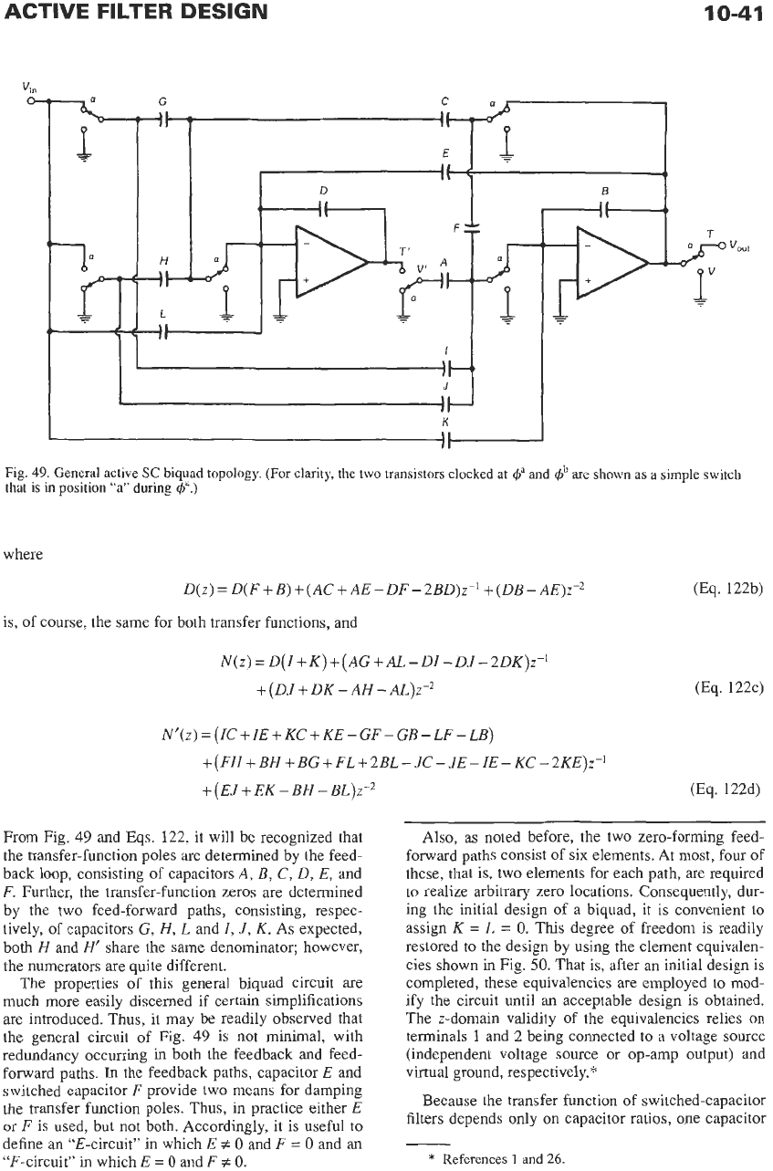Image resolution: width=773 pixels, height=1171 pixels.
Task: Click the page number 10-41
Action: (x=733, y=12)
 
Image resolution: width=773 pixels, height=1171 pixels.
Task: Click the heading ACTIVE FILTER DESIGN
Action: (x=136, y=12)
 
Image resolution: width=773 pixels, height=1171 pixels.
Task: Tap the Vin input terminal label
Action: (x=28, y=87)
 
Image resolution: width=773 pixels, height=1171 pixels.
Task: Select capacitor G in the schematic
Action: (x=163, y=120)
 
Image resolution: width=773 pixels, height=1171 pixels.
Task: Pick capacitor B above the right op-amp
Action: (x=605, y=210)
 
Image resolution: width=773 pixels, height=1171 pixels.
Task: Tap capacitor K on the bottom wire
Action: (x=445, y=440)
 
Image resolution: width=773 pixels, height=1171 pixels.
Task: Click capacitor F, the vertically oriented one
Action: (x=471, y=227)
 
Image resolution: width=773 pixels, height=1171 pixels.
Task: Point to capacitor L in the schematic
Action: (x=163, y=331)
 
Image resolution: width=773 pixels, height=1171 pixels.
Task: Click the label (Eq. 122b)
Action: (x=728, y=590)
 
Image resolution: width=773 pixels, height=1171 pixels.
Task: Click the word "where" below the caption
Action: (x=23, y=554)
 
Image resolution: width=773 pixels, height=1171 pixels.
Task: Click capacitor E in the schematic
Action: (x=445, y=172)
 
